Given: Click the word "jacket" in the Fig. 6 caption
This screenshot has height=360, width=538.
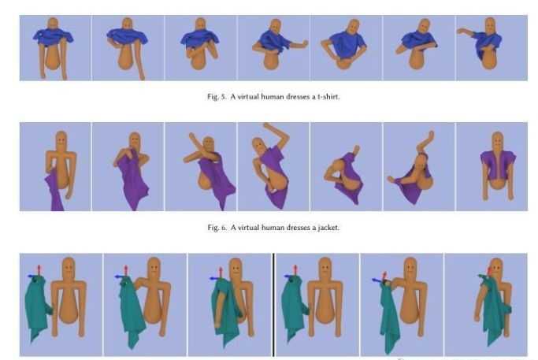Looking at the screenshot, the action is pos(328,228).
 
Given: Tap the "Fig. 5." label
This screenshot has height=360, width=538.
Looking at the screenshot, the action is pos(217,97).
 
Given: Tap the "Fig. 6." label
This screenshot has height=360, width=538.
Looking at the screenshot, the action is pos(217,228).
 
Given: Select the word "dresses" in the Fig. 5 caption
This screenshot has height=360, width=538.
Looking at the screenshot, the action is pos(298,97).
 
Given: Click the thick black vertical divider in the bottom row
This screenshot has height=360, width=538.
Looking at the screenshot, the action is pos(273,305).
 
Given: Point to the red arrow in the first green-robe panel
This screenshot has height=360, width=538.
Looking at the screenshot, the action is pos(39,270).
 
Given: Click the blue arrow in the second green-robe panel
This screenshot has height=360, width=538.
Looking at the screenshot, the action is pos(120,276).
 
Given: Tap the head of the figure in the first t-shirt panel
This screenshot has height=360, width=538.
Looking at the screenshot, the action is pos(53,24).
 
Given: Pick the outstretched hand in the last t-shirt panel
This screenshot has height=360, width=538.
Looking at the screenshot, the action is pos(461,32).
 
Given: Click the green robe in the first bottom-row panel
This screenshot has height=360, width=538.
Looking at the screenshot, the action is pos(37,307).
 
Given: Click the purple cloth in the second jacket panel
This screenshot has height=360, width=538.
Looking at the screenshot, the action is pos(133,180).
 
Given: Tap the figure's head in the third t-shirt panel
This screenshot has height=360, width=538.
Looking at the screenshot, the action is pos(200,24).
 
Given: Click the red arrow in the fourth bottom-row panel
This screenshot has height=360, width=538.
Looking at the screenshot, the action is pos(295,270).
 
